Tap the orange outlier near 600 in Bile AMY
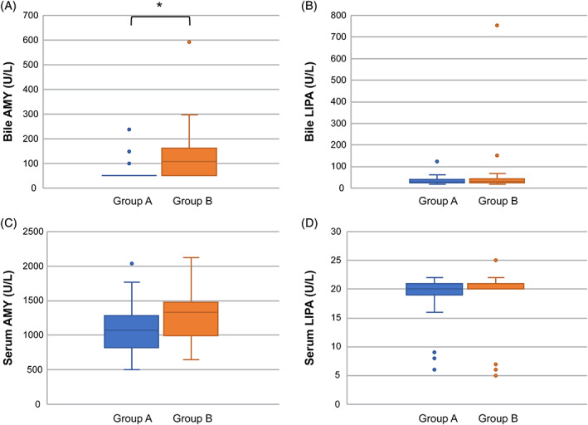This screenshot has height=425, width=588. pyautogui.click(x=189, y=42)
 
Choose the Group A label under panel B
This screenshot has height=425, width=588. pyautogui.click(x=437, y=202)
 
